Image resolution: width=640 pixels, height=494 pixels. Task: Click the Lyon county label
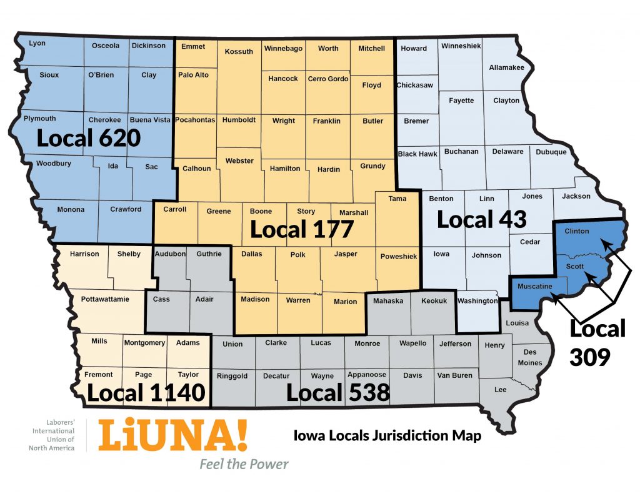(x=37, y=43)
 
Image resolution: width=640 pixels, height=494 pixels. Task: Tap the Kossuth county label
(x=239, y=51)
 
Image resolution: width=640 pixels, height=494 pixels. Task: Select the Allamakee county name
(x=507, y=67)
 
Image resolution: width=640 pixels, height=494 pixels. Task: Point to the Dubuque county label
(x=551, y=152)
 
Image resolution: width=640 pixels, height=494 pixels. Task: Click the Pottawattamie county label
(x=105, y=299)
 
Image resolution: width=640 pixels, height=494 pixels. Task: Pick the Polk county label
(x=298, y=255)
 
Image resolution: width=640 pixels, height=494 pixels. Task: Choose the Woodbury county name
(x=53, y=164)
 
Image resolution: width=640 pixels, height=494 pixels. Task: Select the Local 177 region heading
(x=302, y=229)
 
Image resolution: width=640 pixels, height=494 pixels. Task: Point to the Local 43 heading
(x=481, y=219)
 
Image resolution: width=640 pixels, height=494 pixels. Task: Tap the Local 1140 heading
(x=146, y=393)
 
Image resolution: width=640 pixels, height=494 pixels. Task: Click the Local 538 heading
(x=338, y=393)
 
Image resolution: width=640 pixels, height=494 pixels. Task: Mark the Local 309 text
(x=597, y=343)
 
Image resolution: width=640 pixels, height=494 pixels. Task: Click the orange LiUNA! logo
(x=172, y=436)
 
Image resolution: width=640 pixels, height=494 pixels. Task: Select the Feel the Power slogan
(x=244, y=464)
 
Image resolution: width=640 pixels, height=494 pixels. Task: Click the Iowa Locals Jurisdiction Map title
(x=387, y=436)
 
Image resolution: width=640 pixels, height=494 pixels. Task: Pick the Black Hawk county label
(x=417, y=154)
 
